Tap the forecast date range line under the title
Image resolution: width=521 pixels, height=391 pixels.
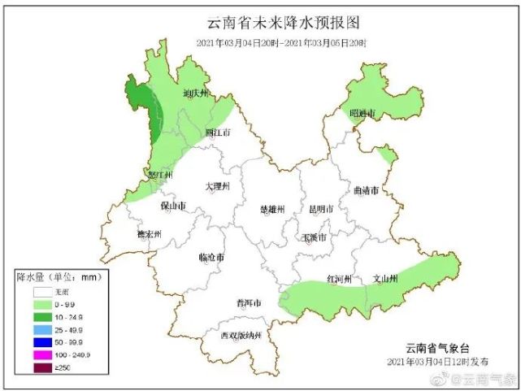281,42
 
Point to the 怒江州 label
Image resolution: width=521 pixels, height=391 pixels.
158,175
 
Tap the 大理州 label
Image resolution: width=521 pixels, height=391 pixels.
217,186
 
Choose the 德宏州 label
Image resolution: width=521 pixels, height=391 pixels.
149,235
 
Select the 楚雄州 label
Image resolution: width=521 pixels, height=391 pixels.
271,209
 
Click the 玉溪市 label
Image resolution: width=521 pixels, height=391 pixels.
314,238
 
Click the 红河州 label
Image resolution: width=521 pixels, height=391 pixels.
339,279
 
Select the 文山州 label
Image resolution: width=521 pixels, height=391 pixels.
384,279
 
